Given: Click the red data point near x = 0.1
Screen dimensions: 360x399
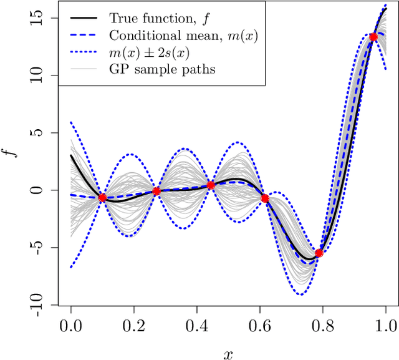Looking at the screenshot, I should click(x=102, y=198).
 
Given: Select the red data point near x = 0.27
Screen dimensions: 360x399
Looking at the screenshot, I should click(x=156, y=192).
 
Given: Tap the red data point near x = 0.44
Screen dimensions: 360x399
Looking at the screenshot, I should click(x=211, y=185).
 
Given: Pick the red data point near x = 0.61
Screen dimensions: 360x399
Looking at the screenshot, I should click(x=264, y=198).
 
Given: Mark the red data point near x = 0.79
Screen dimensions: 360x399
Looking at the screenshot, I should click(x=319, y=253).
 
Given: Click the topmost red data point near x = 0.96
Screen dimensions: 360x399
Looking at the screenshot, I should click(x=373, y=37).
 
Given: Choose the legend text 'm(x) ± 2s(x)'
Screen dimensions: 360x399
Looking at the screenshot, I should click(x=153, y=52).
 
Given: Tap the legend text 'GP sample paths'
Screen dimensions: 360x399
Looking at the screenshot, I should click(x=161, y=69).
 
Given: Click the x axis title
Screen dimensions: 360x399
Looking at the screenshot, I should click(x=228, y=353).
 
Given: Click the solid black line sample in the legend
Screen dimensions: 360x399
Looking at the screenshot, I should click(x=82, y=17).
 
